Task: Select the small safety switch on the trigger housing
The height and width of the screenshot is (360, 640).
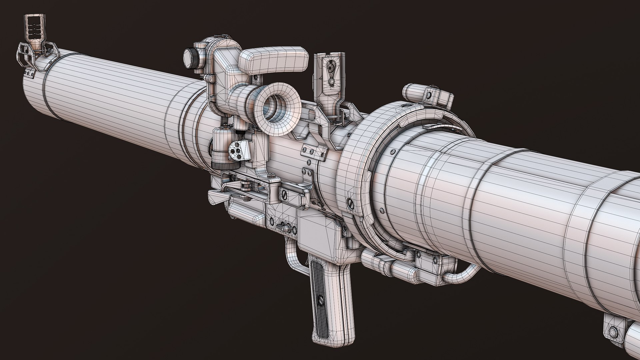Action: point(284,226)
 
